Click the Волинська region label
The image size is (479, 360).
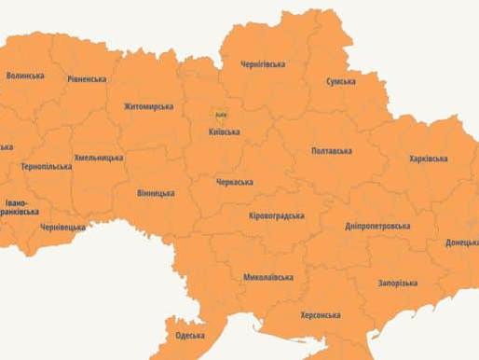(27, 75)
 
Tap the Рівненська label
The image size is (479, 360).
(87, 79)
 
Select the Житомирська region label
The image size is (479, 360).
(148, 106)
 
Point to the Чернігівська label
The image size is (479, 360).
(263, 64)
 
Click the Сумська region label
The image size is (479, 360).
(340, 81)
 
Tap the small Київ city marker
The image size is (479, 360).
(221, 115)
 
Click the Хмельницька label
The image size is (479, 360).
(98, 158)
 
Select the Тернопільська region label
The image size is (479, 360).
(47, 167)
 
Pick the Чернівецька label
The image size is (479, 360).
(62, 227)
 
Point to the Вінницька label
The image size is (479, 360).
(156, 193)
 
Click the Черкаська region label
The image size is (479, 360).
(234, 182)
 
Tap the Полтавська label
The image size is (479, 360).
(332, 150)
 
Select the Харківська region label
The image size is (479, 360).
(429, 159)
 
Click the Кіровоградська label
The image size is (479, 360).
(277, 216)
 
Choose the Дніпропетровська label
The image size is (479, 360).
(377, 227)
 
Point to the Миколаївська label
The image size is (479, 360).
(268, 277)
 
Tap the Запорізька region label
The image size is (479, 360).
(398, 283)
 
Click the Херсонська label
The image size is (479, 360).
(321, 315)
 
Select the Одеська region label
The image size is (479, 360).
(190, 336)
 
